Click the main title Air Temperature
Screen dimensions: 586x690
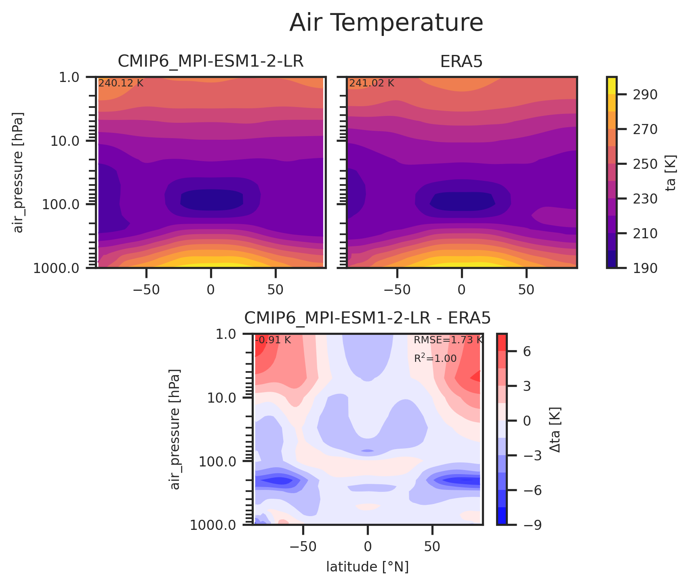(x=386, y=23)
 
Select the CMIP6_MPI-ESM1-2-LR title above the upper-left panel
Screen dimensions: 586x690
(x=210, y=61)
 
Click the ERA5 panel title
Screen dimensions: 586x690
(x=461, y=61)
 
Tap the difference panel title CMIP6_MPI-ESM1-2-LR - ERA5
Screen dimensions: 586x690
(x=367, y=319)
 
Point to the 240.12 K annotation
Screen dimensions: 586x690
(x=121, y=84)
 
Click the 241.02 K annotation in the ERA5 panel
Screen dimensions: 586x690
(x=372, y=84)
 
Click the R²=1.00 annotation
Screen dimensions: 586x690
(x=435, y=358)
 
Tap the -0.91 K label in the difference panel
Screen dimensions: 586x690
(x=273, y=340)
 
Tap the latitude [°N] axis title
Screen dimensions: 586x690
(x=367, y=567)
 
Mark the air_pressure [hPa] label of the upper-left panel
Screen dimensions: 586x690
(x=19, y=172)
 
